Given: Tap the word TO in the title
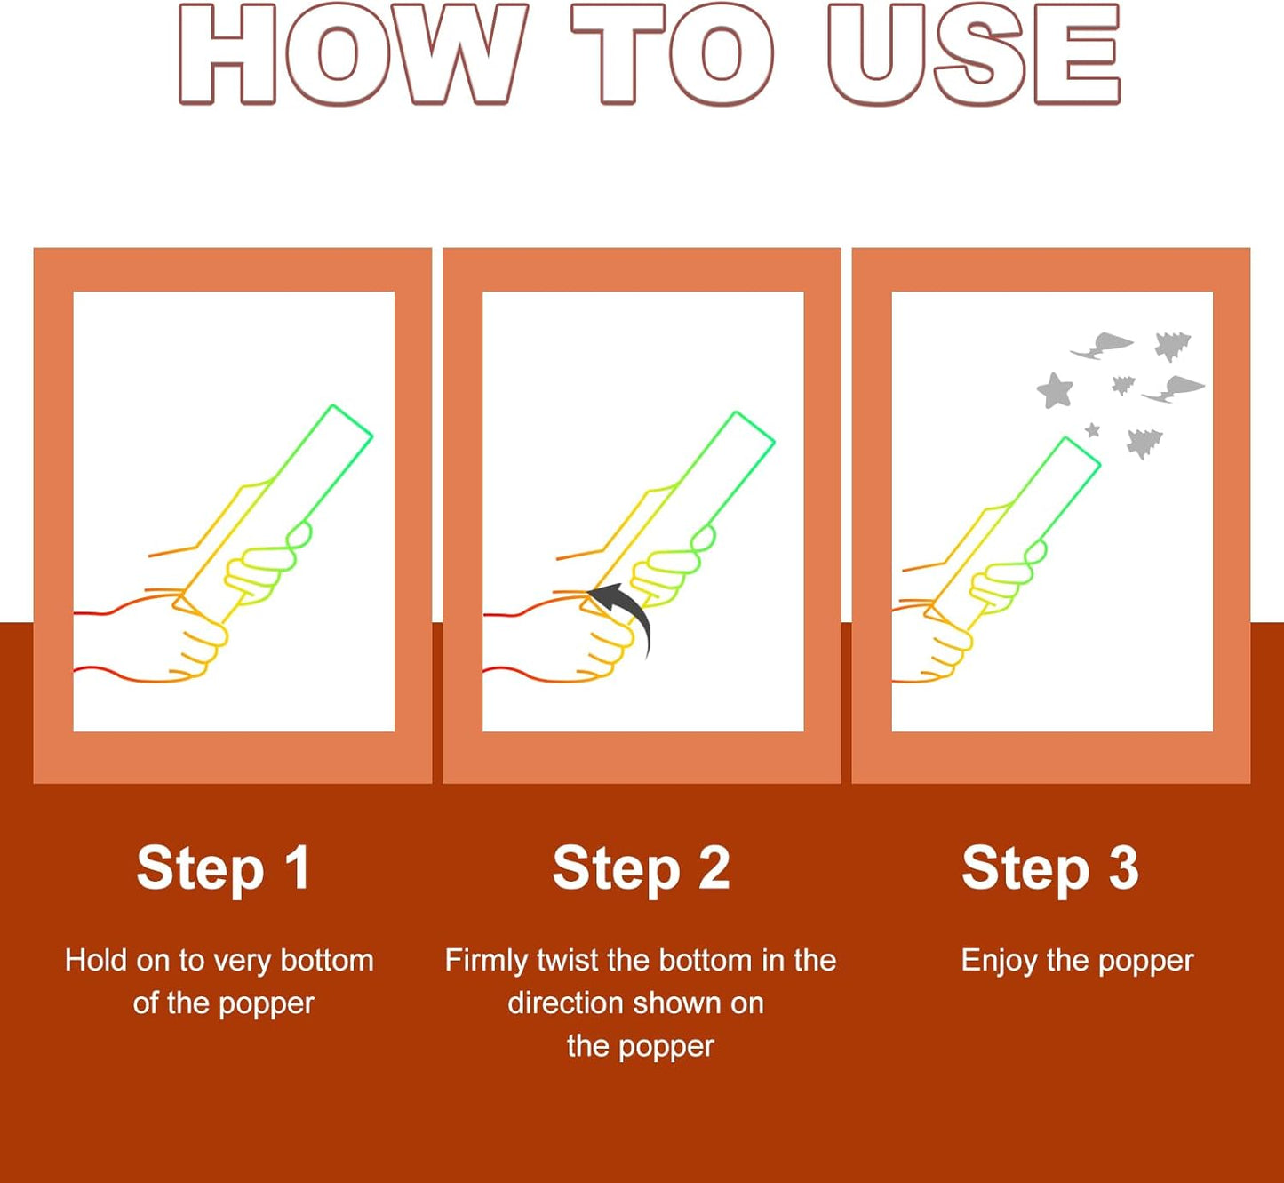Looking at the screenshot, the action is pos(672,54).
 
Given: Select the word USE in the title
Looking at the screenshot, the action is pos(974,54).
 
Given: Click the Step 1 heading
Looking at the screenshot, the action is pos(223,870).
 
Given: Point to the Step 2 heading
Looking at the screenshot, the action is pos(642,870).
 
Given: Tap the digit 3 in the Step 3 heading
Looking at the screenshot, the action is pos(1123,867).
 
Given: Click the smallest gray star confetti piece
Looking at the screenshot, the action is pos(1093,430).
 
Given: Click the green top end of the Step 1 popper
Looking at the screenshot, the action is pos(352,420).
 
